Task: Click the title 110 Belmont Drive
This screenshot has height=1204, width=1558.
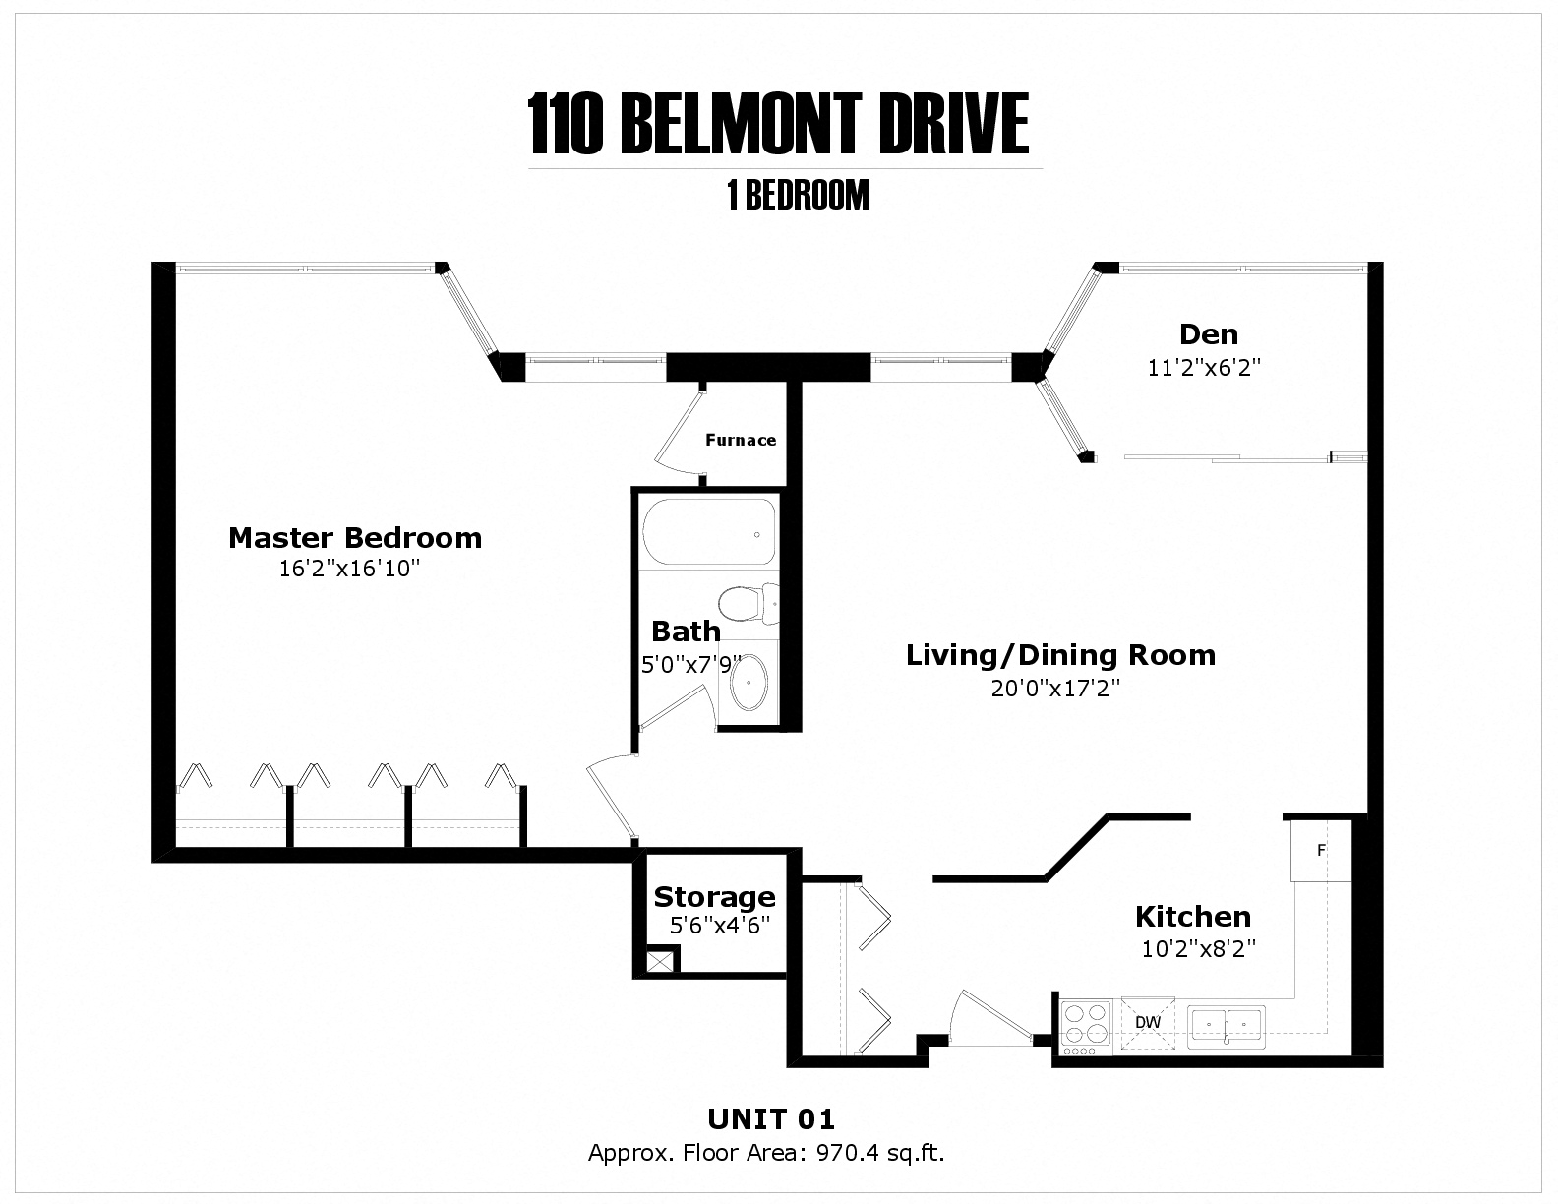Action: [778, 125]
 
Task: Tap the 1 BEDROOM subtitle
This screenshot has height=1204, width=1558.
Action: [798, 196]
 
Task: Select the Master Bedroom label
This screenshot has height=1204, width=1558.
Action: [355, 538]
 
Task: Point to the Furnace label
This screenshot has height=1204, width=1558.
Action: [741, 440]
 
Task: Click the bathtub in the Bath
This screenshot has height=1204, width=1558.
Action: [708, 532]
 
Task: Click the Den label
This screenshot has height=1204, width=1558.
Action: [1209, 334]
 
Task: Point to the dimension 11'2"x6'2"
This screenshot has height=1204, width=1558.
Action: [1204, 368]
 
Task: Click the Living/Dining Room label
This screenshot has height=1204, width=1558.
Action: [1060, 655]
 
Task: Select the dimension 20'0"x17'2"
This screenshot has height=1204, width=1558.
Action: [1055, 688]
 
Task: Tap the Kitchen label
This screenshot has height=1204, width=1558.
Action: [1193, 917]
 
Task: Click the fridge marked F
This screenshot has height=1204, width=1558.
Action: [1321, 850]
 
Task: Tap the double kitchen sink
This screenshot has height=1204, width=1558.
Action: [1227, 1026]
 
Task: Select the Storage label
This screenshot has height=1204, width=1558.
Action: [714, 897]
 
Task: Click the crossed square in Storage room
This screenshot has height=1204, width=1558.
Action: [662, 961]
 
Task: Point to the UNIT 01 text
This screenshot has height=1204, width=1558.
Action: [771, 1118]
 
